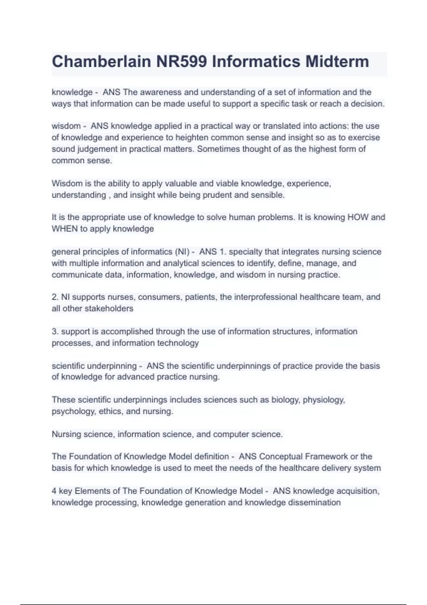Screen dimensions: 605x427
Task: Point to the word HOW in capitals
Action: coord(358,217)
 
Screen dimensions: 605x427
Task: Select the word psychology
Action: coord(73,411)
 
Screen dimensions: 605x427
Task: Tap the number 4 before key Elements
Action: coord(54,491)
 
